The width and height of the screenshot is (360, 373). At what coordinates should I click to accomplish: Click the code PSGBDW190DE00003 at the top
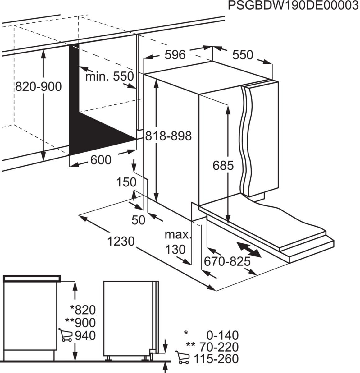pyautogui.click(x=293, y=6)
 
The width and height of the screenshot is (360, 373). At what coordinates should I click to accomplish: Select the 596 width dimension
pyautogui.click(x=175, y=55)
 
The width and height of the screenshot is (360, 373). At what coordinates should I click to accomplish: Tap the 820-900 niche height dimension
pyautogui.click(x=39, y=86)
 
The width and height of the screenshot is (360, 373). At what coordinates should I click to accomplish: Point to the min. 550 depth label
pyautogui.click(x=109, y=76)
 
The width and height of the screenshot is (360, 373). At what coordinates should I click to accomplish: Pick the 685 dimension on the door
pyautogui.click(x=223, y=166)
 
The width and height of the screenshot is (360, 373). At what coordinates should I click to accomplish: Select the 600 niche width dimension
pyautogui.click(x=101, y=160)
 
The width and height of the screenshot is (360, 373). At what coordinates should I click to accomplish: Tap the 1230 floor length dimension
pyautogui.click(x=121, y=241)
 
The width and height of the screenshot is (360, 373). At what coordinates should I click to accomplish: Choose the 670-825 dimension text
pyautogui.click(x=227, y=262)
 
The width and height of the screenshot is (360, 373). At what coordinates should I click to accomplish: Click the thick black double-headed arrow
pyautogui.click(x=249, y=250)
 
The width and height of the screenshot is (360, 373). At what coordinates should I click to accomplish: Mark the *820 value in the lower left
pyautogui.click(x=83, y=310)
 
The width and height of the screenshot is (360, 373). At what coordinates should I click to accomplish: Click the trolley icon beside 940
pyautogui.click(x=64, y=335)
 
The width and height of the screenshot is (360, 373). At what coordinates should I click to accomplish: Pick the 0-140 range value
pyautogui.click(x=223, y=335)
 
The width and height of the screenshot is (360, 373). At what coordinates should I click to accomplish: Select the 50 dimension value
pyautogui.click(x=139, y=220)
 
